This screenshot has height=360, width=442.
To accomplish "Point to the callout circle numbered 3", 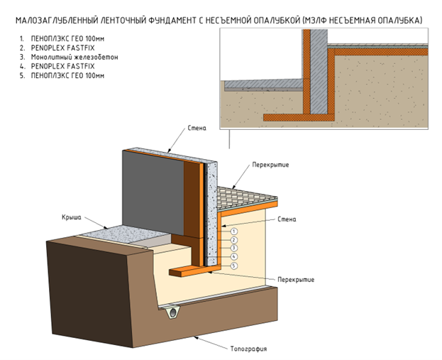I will click(x=233, y=248).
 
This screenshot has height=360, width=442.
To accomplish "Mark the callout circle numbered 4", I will click(x=233, y=256).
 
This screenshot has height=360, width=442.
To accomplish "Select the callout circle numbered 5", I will click(x=233, y=266).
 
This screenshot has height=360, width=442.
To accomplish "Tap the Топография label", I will click(x=249, y=349).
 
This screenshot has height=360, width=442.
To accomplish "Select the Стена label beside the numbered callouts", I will click(x=287, y=220).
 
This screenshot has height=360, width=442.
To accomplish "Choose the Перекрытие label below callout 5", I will click(x=296, y=279).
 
